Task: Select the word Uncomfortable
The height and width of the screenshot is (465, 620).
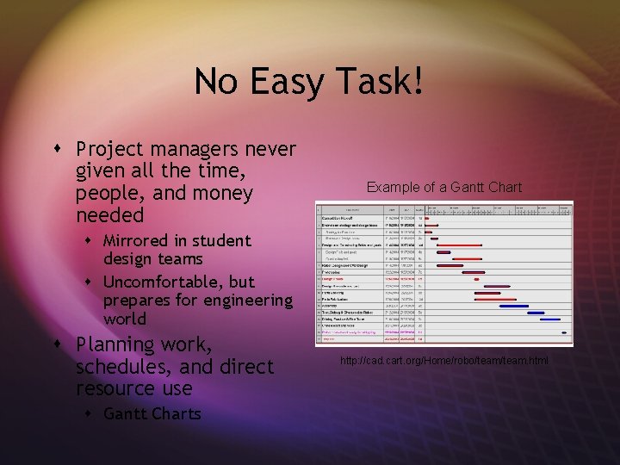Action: (163, 282)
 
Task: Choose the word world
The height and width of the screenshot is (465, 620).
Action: (124, 319)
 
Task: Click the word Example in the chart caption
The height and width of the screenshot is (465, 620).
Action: (393, 187)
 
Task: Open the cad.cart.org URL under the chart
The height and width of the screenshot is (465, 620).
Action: (443, 359)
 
